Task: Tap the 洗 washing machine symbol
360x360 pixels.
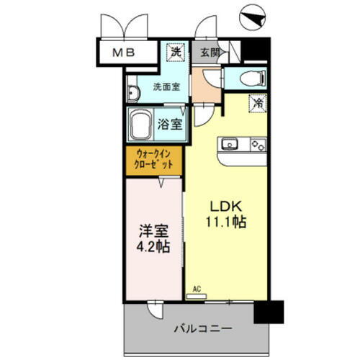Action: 175,51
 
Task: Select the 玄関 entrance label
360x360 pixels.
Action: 210,51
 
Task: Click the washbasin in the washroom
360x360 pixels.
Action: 133,93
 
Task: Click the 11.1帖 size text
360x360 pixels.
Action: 226,222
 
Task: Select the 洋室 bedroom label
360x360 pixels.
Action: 154,232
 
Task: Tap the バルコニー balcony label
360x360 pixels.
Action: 202,328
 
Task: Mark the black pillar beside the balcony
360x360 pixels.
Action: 271,311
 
